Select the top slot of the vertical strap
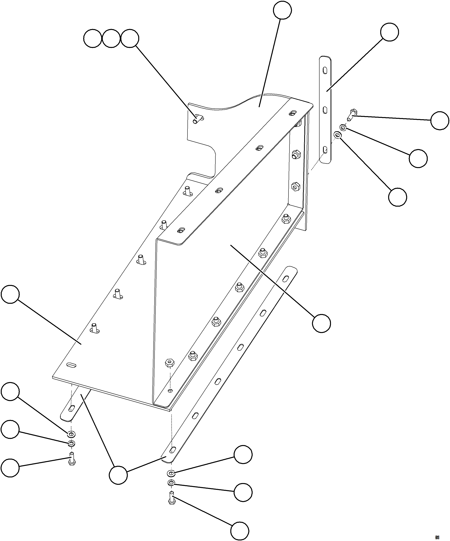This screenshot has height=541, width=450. pos(326,70)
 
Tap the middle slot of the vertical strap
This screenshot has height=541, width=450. pos(325,110)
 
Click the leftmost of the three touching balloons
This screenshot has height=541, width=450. pos(92,39)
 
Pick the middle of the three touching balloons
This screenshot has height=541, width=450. pos(111,39)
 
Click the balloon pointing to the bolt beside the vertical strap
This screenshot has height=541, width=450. pos(440,121)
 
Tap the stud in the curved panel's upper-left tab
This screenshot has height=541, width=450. pos(197,120)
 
